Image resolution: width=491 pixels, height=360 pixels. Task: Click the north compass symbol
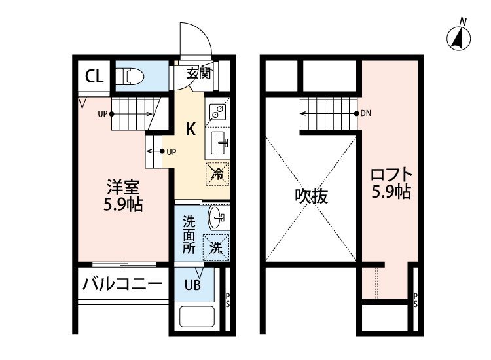(x=460, y=39)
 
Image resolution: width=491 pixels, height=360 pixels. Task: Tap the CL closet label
(x=94, y=77)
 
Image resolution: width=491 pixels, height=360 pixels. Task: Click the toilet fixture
(x=134, y=77)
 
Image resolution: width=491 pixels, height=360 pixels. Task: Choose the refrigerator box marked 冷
(x=218, y=174)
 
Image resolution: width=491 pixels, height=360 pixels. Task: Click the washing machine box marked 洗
(x=216, y=247)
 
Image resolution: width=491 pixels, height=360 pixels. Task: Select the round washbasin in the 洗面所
(x=217, y=216)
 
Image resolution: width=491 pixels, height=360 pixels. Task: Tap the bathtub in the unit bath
(x=198, y=319)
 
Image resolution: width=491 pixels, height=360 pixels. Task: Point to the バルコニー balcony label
(x=122, y=285)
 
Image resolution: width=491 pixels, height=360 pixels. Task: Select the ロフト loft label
(x=391, y=175)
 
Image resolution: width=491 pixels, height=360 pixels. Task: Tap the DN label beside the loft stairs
(x=367, y=113)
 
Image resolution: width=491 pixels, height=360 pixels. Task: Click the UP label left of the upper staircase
(x=103, y=113)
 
